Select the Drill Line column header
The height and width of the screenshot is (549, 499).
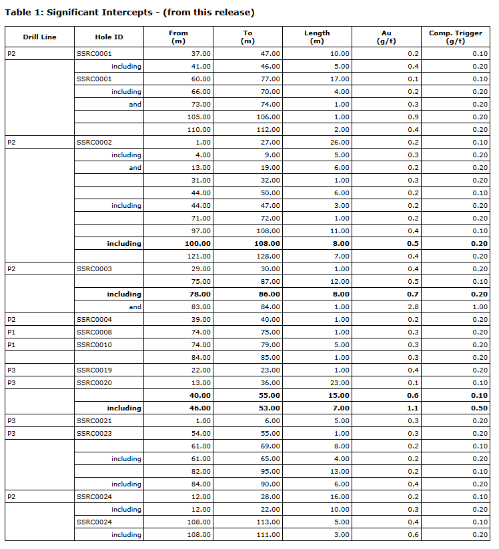tap(39, 37)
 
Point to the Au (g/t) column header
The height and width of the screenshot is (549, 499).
tap(386, 37)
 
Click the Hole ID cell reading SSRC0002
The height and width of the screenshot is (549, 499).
tap(94, 142)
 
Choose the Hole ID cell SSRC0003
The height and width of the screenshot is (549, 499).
tap(94, 269)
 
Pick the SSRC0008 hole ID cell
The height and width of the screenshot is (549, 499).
tap(94, 332)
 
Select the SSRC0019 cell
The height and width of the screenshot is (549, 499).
tap(94, 370)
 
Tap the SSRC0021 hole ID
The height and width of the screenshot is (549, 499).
tap(94, 420)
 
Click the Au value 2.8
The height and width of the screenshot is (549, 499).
tap(413, 306)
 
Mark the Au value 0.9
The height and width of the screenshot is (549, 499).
tap(413, 117)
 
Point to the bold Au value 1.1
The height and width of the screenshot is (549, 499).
tap(413, 408)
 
